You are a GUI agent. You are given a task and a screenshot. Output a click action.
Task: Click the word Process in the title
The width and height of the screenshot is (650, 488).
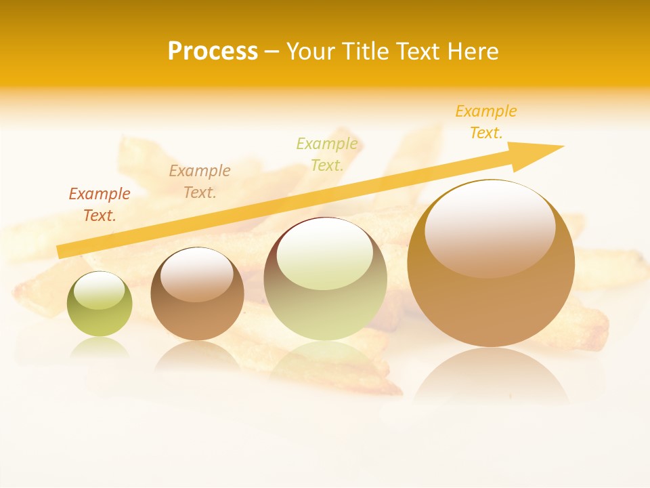pos(213,52)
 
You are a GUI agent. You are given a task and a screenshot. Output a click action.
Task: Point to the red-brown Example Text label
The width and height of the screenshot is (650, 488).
pos(100,205)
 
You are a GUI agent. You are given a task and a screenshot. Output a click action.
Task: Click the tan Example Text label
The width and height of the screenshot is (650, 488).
pos(200,182)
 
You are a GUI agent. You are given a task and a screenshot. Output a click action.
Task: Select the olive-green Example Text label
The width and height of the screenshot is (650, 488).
pos(327,154)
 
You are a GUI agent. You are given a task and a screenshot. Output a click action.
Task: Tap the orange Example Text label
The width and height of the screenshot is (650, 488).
pos(486,122)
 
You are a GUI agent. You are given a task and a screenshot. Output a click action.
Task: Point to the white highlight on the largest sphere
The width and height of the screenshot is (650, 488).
pos(490,227)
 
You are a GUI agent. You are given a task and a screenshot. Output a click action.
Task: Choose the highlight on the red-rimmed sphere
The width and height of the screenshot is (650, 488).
pos(325,254)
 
